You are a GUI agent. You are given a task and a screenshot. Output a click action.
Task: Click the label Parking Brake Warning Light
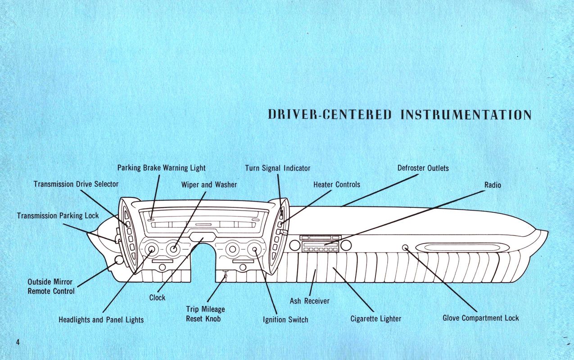pos(161,168)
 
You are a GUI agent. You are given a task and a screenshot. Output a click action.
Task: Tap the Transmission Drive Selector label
pos(76,184)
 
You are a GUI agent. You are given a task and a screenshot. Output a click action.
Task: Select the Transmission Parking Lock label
pos(58,216)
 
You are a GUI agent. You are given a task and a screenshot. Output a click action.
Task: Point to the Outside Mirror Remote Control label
pos(50,286)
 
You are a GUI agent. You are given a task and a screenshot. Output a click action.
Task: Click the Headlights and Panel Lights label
pos(101,320)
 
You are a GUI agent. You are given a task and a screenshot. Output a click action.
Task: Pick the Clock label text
pos(157,297)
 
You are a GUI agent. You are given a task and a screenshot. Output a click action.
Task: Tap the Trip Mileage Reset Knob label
pos(205,314)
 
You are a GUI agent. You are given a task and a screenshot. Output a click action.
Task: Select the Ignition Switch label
pos(285,320)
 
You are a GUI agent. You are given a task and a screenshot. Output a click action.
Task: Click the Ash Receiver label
pos(309,301)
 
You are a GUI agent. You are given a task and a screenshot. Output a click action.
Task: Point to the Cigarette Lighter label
pos(375,319)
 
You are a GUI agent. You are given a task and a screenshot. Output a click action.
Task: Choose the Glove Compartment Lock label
pos(480,318)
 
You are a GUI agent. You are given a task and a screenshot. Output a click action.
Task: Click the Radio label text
pos(493,184)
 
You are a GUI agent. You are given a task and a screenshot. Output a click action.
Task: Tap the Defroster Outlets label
pos(423,168)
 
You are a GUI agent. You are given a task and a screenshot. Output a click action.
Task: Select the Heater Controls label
pos(336,184)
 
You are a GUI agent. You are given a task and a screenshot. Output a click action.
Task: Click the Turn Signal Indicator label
pos(277,168)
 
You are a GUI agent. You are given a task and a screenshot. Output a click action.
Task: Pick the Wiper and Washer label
pos(209,184)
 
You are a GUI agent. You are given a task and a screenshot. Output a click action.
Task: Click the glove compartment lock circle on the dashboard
pos(405,247)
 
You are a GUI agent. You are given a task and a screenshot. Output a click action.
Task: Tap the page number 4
pos(18,342)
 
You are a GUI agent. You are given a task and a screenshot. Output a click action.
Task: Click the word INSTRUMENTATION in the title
pos(466,115)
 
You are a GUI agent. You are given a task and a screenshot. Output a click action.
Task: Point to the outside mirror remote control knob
pos(119,260)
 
